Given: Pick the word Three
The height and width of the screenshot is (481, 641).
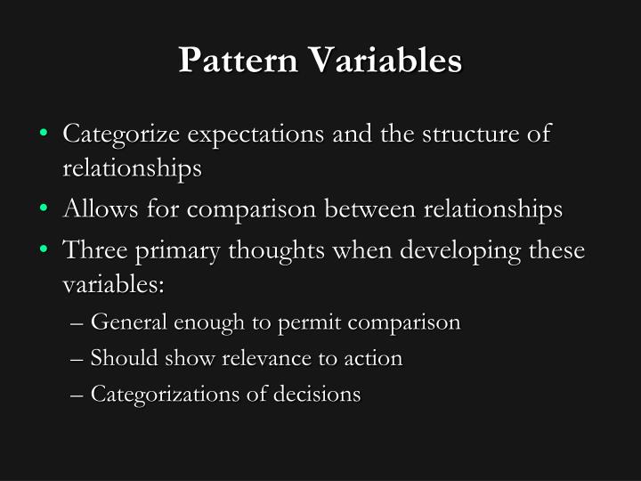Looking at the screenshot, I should click(93, 250).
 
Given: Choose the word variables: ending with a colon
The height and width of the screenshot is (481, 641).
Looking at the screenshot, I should click(115, 287).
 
